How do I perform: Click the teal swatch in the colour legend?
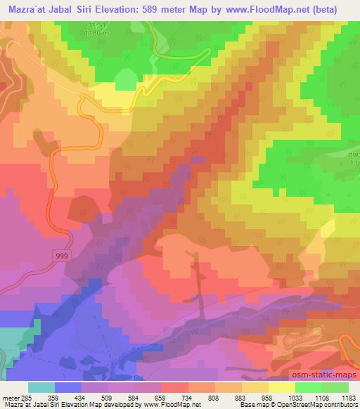pyautogui.click(x=41, y=387)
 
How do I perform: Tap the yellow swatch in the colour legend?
pyautogui.click(x=281, y=387)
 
